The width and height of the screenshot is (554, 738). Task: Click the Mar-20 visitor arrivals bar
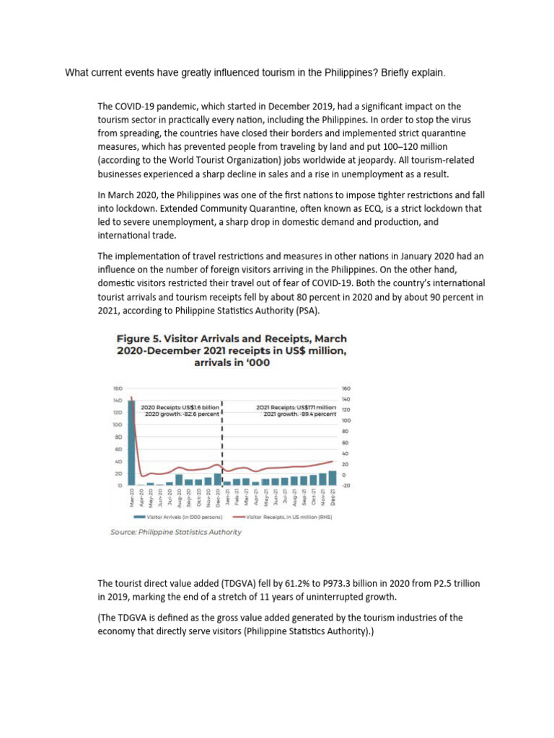pyautogui.click(x=132, y=443)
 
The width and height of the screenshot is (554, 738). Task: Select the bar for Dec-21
pyautogui.click(x=332, y=478)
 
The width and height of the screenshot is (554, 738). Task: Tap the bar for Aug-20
pyautogui.click(x=179, y=479)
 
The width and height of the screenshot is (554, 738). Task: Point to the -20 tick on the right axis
pyautogui.click(x=345, y=486)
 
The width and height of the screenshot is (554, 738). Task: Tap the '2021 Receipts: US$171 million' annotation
pyautogui.click(x=295, y=408)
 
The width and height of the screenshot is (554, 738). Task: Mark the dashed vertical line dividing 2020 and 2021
pyautogui.click(x=222, y=440)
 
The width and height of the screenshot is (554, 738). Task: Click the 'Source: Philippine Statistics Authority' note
pyautogui.click(x=176, y=532)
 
